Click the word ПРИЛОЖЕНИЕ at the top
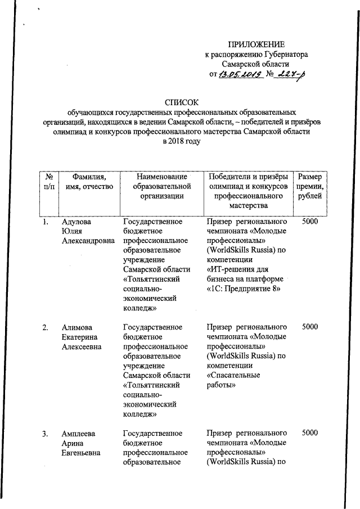[256, 44]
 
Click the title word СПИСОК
[181, 102]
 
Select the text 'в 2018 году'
[181, 141]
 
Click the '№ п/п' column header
[48, 181]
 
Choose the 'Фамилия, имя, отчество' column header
[89, 181]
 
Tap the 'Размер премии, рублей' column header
[310, 186]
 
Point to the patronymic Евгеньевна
[82, 452]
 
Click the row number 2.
[45, 327]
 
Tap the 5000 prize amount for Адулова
[310, 222]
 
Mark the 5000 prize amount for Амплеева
[310, 433]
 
